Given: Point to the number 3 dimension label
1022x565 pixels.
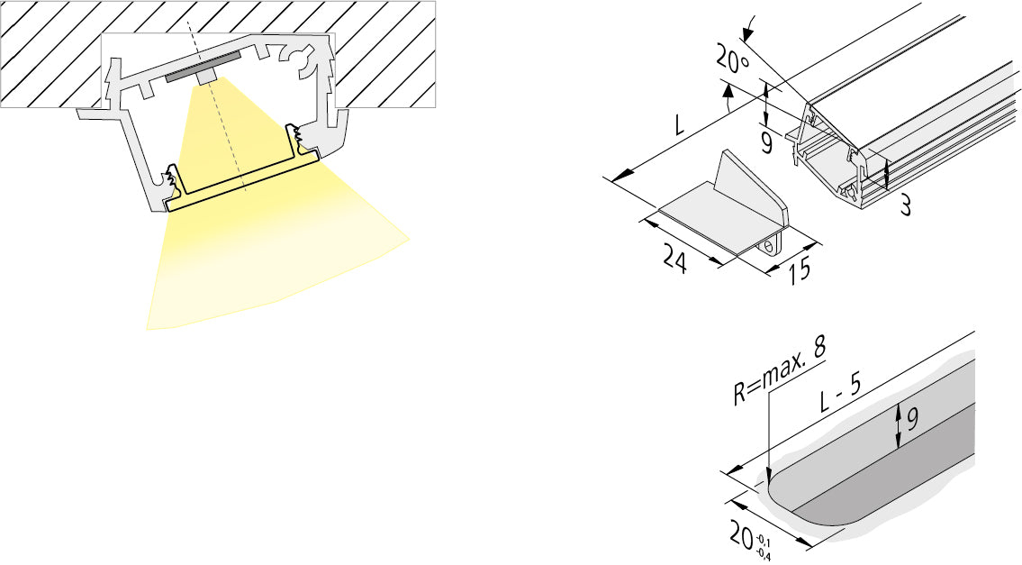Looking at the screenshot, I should coord(904,205).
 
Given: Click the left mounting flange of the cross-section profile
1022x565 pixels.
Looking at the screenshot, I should coord(95,114).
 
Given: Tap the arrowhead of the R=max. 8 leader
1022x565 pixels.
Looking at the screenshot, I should coord(767,478).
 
